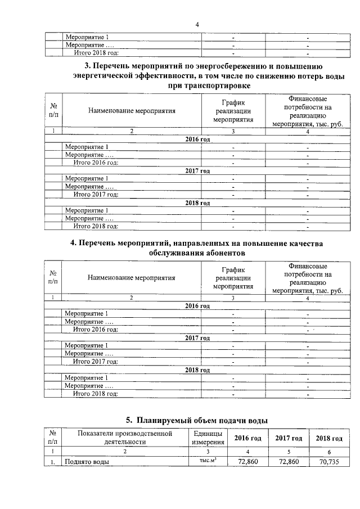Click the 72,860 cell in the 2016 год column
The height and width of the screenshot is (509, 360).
tap(248, 462)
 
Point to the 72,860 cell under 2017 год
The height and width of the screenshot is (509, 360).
tap(289, 462)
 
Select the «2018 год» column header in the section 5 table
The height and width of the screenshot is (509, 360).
tap(329, 439)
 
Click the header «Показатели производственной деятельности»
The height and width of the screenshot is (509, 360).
tap(125, 438)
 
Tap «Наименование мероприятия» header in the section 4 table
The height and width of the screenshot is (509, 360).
tap(132, 278)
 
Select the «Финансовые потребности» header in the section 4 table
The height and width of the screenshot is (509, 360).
tap(308, 278)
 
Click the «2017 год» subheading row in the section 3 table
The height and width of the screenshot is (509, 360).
tap(197, 170)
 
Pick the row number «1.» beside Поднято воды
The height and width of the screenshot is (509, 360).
tap(53, 462)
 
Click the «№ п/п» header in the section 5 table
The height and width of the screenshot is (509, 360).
tap(53, 438)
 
